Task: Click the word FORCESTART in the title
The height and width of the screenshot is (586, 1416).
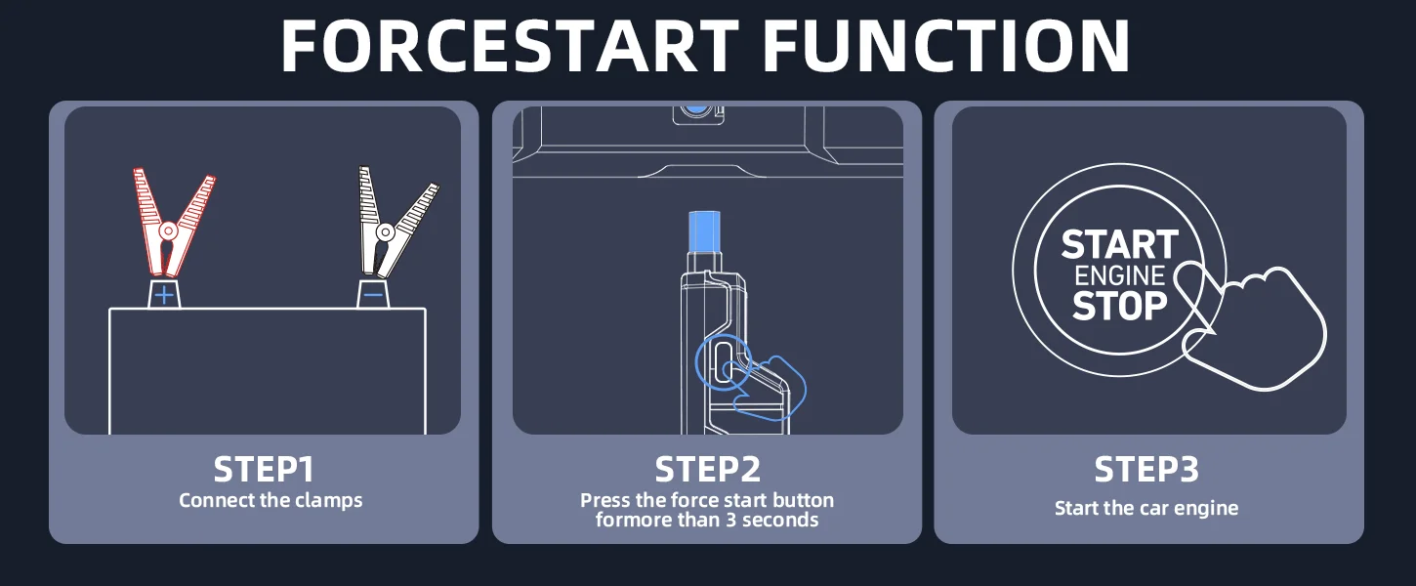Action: pos(510,46)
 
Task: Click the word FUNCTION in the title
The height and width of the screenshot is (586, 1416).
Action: pos(946,46)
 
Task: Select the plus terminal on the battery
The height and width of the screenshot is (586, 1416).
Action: pos(164,295)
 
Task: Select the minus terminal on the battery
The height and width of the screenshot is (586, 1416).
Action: pos(374,295)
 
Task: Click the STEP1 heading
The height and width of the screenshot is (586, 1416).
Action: pos(264,469)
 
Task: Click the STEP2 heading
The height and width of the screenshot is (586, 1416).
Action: pos(707,469)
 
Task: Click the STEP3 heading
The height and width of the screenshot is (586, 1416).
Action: pos(1146,469)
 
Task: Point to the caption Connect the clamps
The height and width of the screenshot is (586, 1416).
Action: pos(271,501)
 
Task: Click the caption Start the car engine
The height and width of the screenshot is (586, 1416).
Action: pos(1146,508)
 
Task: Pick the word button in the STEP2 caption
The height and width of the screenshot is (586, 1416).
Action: pos(803,501)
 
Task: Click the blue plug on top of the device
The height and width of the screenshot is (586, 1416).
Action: pos(704,232)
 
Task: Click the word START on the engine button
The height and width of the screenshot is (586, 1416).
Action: pos(1119,245)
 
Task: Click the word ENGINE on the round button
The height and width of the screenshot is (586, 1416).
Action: pos(1119,276)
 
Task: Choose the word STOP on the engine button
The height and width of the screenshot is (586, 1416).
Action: pos(1119,306)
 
